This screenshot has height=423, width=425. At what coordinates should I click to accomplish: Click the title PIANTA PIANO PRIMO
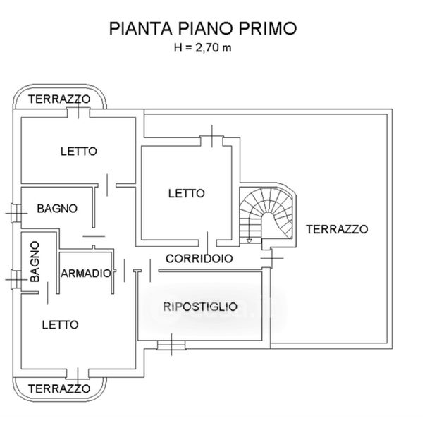point(202,29)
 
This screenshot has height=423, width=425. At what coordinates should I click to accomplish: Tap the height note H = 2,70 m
point(202,48)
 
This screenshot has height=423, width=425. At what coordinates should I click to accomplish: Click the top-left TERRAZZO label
point(58,100)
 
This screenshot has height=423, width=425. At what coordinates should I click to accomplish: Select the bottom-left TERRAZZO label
point(58,388)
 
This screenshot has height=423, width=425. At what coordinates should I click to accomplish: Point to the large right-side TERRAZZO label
point(337,229)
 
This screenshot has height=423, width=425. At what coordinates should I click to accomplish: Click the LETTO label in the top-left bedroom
point(78,151)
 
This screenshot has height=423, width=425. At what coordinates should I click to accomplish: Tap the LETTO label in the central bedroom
point(186,192)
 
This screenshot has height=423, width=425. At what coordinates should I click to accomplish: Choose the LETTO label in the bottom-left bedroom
point(60,325)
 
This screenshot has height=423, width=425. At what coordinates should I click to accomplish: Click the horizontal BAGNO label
point(57,209)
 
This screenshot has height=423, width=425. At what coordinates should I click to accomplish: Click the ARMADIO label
point(86,274)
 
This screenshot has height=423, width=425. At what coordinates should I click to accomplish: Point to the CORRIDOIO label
point(199,259)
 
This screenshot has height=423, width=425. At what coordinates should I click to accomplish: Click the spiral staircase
point(267,213)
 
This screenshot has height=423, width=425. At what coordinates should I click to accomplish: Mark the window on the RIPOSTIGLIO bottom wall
point(170,345)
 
